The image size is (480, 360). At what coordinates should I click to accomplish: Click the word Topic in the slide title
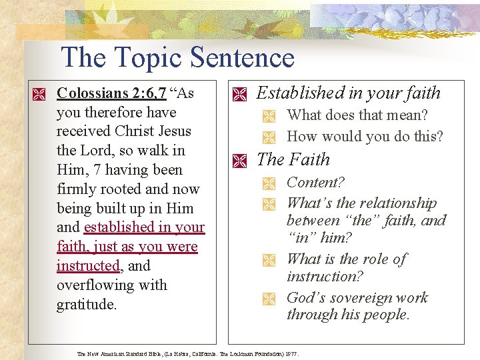(143, 57)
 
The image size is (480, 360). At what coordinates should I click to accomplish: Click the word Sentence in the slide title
(242, 57)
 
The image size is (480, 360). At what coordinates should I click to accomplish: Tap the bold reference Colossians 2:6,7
(111, 93)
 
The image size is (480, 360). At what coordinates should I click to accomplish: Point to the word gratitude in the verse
(87, 305)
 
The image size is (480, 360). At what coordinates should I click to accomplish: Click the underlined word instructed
(87, 266)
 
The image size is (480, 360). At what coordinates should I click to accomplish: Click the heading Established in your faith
(348, 93)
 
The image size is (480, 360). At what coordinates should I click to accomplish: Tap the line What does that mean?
(357, 115)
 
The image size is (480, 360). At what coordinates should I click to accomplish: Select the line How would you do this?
(365, 137)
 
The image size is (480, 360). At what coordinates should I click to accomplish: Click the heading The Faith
(293, 159)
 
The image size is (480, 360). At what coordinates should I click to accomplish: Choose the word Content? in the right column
(315, 183)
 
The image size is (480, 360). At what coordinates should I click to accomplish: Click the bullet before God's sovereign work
(269, 299)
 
